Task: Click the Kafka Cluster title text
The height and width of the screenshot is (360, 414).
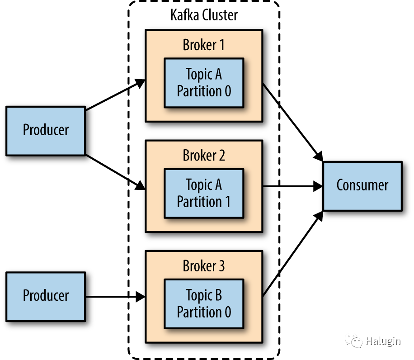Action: click(x=204, y=15)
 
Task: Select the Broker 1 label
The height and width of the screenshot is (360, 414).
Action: click(x=204, y=45)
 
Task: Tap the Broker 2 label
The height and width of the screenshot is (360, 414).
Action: click(x=204, y=156)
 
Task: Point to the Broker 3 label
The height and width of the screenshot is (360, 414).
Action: click(x=204, y=266)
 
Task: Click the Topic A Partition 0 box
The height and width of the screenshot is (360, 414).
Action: click(x=204, y=83)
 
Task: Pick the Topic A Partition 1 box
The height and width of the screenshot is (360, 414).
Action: click(x=204, y=193)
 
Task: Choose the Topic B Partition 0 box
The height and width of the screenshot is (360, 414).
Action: click(x=204, y=304)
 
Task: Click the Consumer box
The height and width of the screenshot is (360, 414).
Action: click(x=362, y=185)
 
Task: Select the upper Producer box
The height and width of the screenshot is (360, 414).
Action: click(x=46, y=130)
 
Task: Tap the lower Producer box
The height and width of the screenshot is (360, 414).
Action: click(x=46, y=296)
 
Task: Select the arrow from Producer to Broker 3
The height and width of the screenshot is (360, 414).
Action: click(x=115, y=297)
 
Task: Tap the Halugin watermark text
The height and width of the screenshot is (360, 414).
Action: click(x=383, y=341)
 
